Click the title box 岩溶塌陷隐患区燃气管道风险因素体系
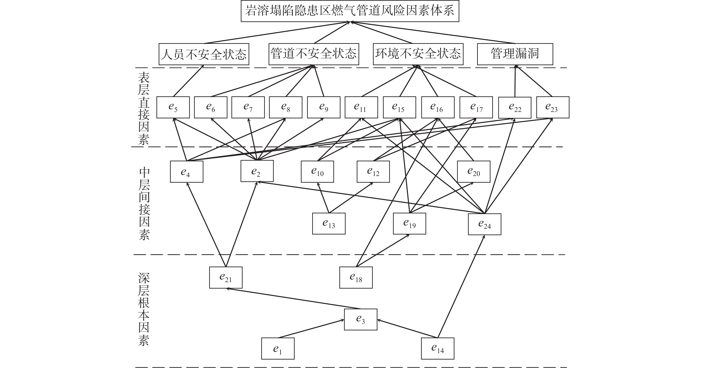350,11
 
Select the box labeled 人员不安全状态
204,54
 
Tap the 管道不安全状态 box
314,54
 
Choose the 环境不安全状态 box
418,54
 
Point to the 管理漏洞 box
515,54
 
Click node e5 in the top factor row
173,107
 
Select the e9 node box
324,107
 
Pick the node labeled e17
476,107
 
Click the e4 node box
186,172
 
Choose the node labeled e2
257,171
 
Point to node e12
373,172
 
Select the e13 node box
329,224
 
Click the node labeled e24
484,224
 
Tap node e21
226,277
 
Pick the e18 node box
356,277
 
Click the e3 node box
361,319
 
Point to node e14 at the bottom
437,348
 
